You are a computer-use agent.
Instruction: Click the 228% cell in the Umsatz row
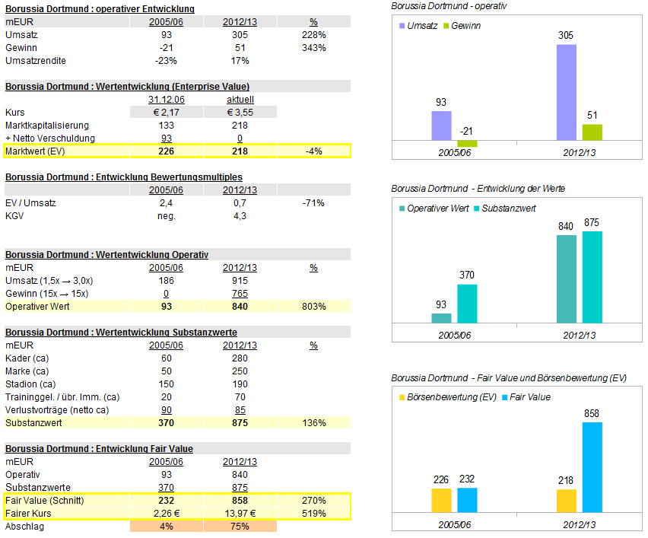313,35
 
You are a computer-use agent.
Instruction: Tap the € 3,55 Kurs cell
240,113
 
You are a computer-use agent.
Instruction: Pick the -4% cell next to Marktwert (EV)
313,151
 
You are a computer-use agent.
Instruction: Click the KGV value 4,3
240,216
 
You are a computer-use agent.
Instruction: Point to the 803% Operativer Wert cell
313,307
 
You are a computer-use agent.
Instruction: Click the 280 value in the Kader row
240,358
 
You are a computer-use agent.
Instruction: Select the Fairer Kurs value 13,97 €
240,514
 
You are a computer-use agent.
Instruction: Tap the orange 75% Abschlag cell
240,527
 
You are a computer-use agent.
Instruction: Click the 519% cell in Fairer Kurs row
313,514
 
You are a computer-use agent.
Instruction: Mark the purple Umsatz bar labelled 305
567,92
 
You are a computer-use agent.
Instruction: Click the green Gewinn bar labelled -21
467,144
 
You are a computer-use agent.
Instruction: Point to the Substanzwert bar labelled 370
467,304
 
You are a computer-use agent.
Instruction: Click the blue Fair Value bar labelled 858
592,467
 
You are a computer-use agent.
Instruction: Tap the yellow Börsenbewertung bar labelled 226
441,500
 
